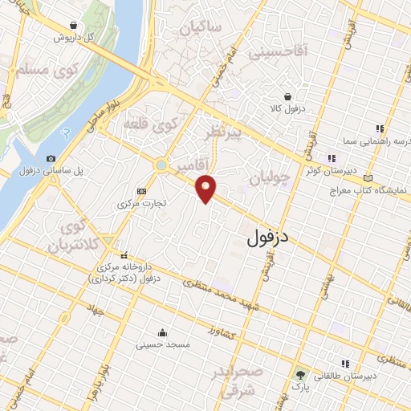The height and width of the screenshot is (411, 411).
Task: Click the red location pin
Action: (206, 189)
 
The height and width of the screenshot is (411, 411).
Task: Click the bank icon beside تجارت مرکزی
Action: (141, 191)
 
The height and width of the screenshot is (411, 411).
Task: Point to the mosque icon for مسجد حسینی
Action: (163, 332)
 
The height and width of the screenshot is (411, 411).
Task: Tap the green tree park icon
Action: (299, 375)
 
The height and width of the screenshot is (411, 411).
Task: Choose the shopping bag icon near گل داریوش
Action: (74, 25)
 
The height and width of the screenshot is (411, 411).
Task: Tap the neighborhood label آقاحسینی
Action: (279, 53)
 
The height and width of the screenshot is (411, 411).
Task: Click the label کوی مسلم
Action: (45, 71)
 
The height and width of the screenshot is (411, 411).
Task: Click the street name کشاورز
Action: (224, 332)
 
